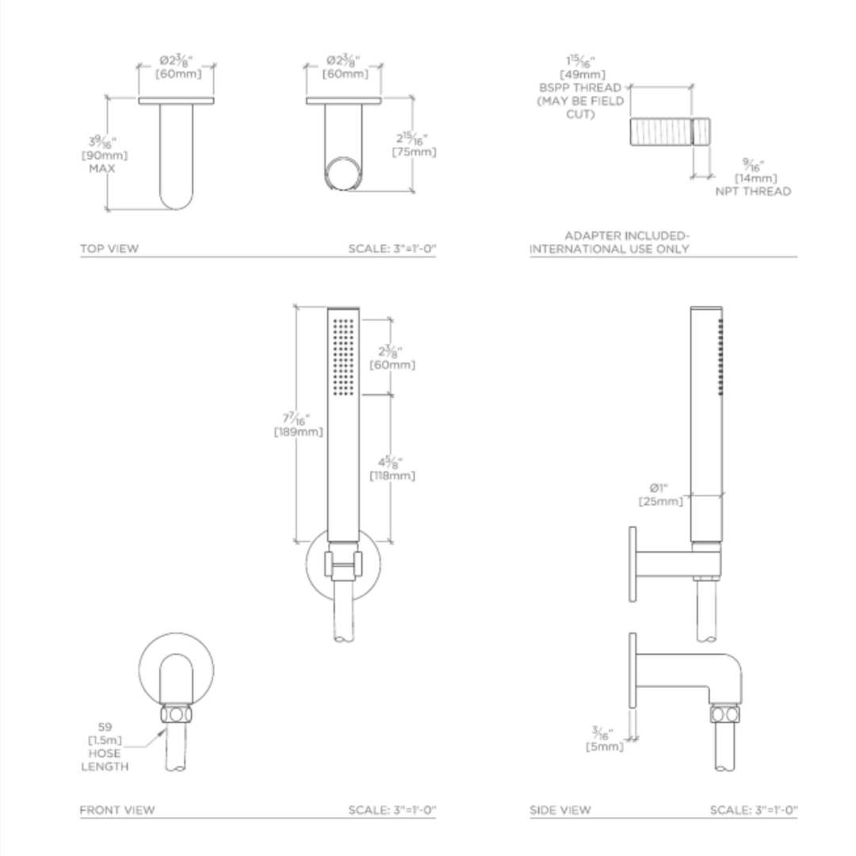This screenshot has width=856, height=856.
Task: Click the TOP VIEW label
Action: click(x=109, y=249)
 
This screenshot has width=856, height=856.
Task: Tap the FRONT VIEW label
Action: click(x=117, y=810)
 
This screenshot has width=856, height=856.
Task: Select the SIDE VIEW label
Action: click(x=560, y=810)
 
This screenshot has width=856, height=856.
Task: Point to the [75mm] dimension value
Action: click(x=415, y=151)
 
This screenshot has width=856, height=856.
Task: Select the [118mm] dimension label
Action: click(x=392, y=476)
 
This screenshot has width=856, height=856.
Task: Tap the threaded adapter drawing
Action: click(x=671, y=132)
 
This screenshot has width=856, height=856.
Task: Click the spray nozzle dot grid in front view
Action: click(x=343, y=356)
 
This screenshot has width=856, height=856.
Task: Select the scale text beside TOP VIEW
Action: click(x=392, y=249)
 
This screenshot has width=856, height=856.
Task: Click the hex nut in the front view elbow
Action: click(x=176, y=713)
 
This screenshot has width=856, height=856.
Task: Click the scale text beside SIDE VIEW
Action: click(x=753, y=810)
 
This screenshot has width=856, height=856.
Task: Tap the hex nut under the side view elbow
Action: click(x=724, y=713)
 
